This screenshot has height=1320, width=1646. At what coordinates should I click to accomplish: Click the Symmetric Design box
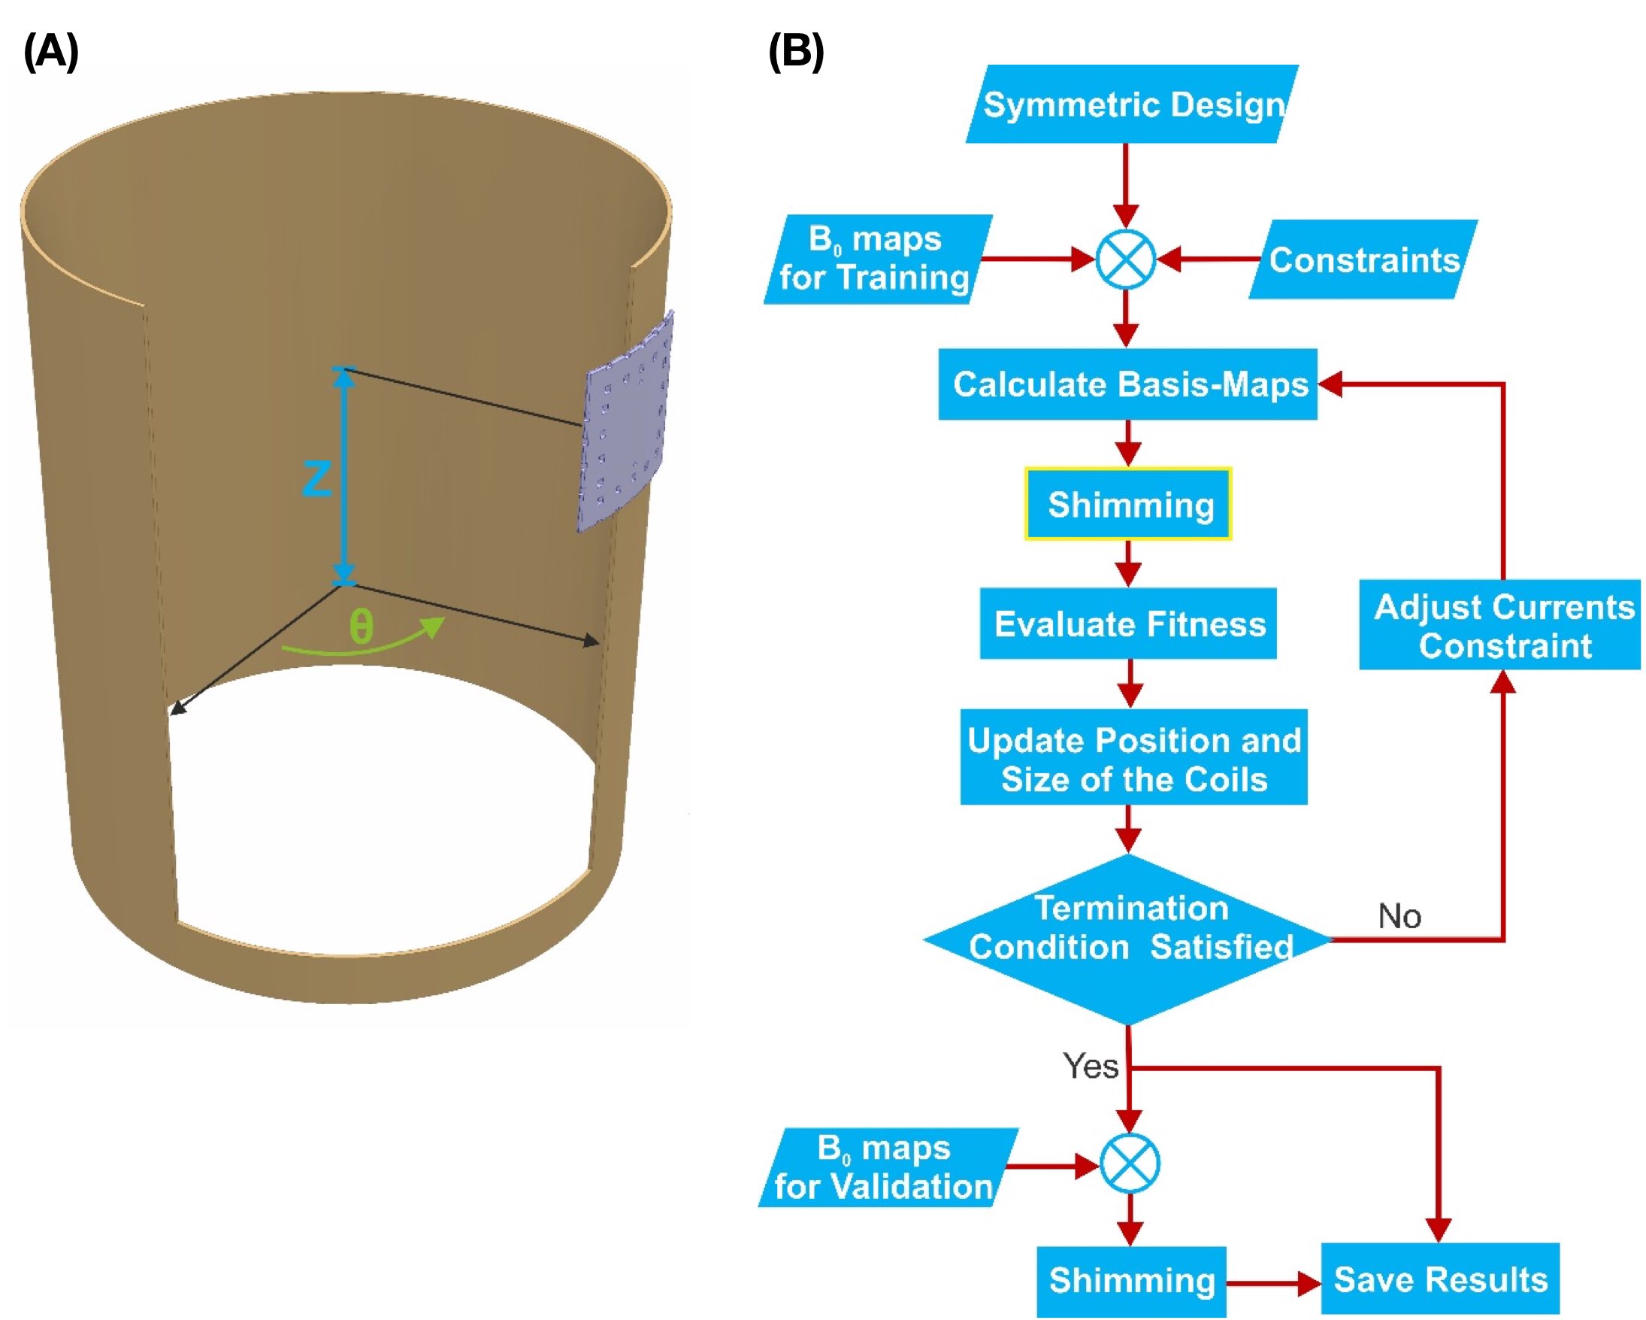pos(1131,104)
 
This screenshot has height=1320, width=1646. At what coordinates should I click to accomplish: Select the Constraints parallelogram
pos(1363,259)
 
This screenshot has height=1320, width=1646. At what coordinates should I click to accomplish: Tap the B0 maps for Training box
pos(876,259)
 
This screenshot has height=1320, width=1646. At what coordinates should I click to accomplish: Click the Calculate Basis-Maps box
pos(1128,384)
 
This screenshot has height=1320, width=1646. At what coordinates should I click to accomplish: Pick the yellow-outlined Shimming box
pos(1128,505)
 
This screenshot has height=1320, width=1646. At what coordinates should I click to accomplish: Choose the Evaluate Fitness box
pos(1128,624)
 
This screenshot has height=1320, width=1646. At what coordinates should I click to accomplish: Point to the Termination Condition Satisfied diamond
pos(1128,939)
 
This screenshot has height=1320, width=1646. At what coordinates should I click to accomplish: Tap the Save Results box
pos(1440,1279)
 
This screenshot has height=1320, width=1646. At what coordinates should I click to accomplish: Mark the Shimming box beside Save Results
pos(1131,1281)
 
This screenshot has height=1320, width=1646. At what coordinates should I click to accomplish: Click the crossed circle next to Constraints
pos(1125,259)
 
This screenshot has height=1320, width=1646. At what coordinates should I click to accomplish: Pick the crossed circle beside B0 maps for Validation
pos(1130,1164)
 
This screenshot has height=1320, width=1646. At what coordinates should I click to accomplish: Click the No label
pos(1399,916)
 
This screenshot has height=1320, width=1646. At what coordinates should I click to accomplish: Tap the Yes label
pos(1091,1067)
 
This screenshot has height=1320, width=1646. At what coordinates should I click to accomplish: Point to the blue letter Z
pos(316,479)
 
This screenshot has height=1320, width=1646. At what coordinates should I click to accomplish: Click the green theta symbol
pos(361,627)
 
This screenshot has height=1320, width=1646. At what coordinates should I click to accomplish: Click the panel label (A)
pos(51,52)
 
